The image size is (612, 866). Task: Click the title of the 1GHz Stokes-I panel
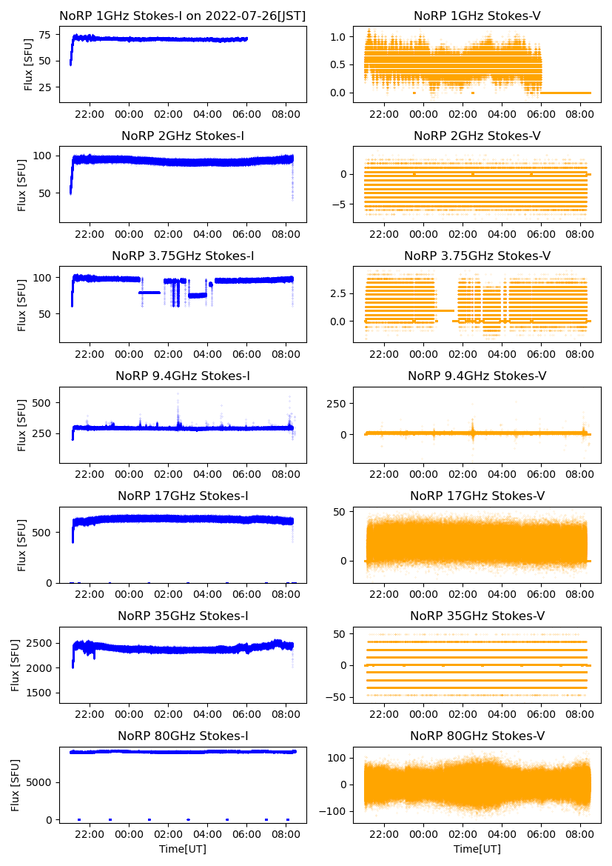pos(182,16)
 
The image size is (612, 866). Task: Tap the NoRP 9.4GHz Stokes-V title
pos(477,376)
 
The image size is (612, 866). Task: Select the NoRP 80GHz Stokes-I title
pos(182,736)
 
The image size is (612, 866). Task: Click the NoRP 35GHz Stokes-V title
pos(477,616)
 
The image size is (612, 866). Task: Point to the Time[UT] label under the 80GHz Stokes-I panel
pos(182,849)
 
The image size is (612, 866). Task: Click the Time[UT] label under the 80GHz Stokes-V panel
pos(477,849)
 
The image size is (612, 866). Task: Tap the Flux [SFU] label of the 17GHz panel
pos(23,545)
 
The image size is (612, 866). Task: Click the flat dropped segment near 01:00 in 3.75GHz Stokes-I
pos(149,293)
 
